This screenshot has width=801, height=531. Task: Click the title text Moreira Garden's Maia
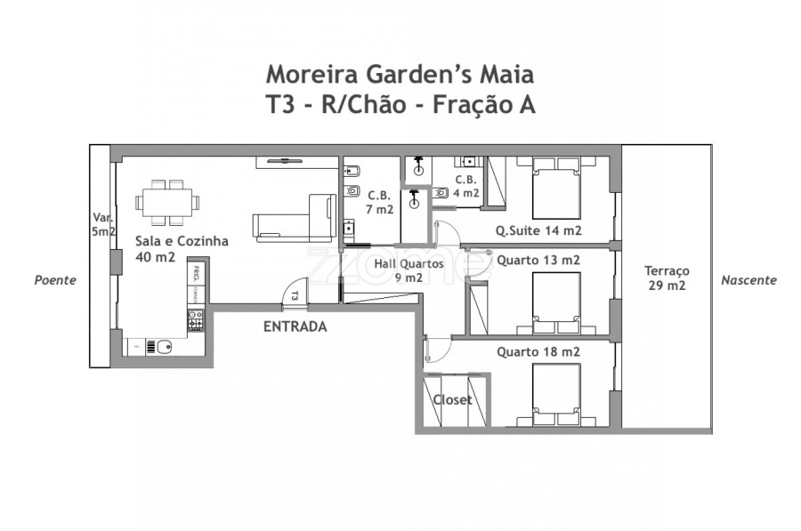tap(400, 72)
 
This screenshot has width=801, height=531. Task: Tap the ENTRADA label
tap(295, 326)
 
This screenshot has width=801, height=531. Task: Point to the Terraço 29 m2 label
tap(667, 278)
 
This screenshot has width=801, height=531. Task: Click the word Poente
tap(55, 279)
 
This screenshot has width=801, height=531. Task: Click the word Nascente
tap(748, 279)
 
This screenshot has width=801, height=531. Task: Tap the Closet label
tap(452, 400)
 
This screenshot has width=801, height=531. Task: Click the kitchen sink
tap(162, 346)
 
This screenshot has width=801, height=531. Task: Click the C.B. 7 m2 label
tap(379, 203)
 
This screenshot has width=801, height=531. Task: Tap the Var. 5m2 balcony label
tap(103, 224)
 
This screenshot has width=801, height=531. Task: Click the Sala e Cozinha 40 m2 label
tap(182, 249)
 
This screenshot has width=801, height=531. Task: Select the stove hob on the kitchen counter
tap(196, 321)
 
